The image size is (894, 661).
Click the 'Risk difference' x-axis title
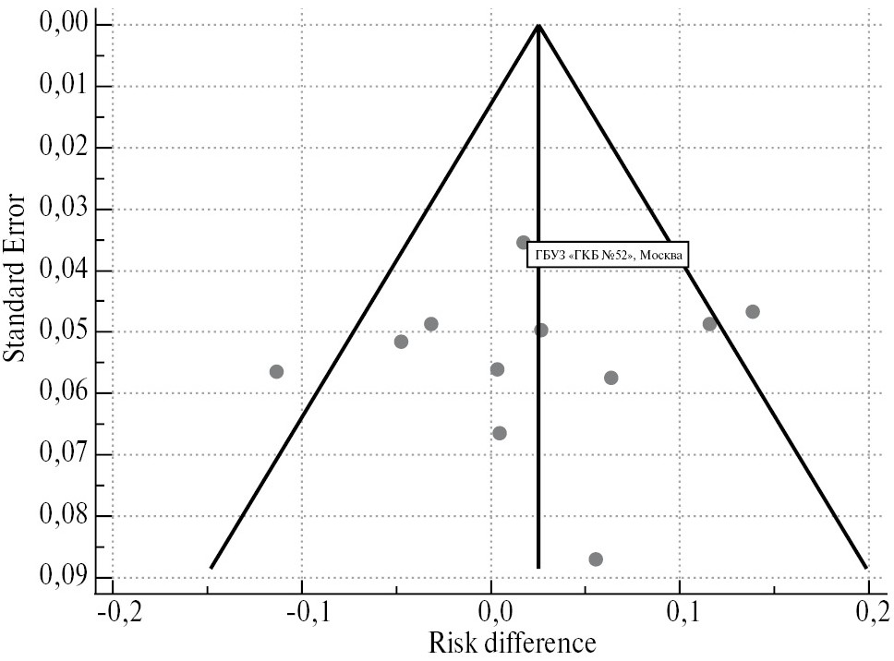click(512, 643)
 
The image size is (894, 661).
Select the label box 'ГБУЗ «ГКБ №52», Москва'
click(608, 255)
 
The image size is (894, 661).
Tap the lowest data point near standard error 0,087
click(596, 559)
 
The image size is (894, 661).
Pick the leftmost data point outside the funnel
click(276, 371)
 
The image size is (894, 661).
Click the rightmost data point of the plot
click(753, 312)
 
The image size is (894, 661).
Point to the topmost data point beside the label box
click(523, 243)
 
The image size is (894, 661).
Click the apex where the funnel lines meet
click(538, 25)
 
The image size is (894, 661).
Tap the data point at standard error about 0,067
click(500, 433)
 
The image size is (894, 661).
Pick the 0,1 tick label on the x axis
click(681, 612)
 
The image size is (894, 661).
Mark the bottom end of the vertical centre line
click(538, 567)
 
